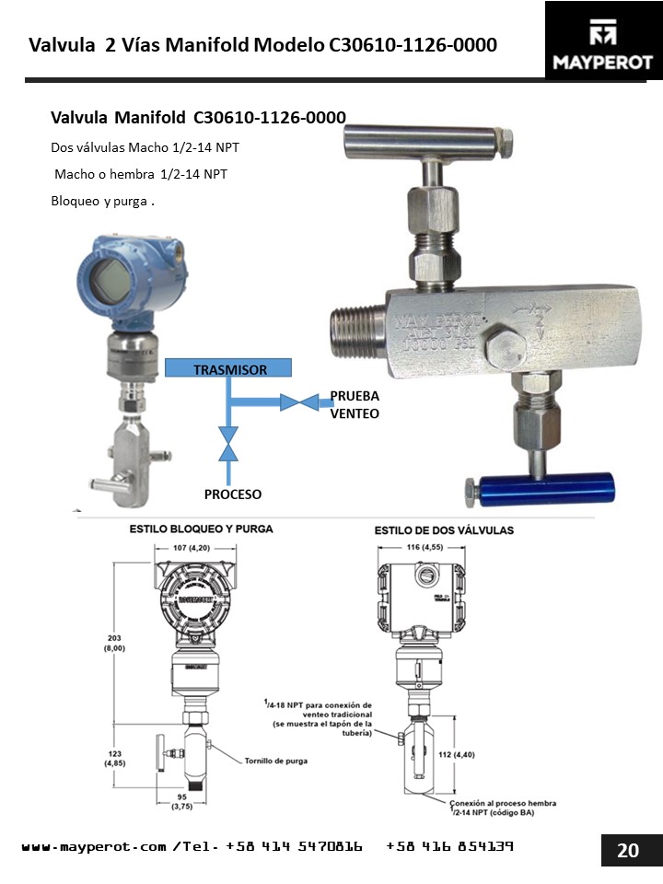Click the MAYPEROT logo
coord(603,41)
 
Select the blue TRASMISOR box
coord(228,369)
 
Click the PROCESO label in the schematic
coord(233,494)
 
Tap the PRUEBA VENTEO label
coord(355,405)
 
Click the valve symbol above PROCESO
coord(227,443)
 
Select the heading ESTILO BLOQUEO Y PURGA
coord(201,529)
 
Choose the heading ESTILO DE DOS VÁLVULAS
coord(444,531)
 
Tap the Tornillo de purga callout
coord(275,762)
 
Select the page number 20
coord(627,850)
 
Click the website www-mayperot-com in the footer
coord(94,845)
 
